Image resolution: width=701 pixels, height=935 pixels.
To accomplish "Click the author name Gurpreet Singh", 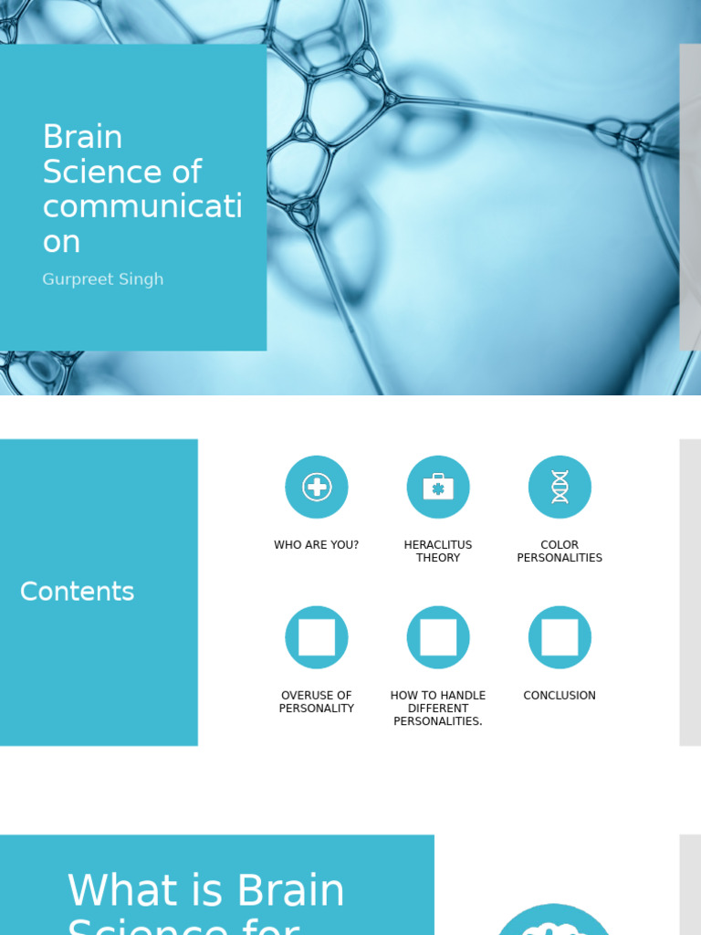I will coord(103,279).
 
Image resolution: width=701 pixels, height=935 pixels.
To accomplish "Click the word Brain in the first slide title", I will coord(82,137).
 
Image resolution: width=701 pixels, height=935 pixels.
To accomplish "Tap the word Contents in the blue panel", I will coord(77,592).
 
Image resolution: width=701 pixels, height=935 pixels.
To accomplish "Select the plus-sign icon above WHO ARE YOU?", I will coord(317,487).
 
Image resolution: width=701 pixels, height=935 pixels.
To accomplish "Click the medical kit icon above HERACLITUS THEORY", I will coord(438,487).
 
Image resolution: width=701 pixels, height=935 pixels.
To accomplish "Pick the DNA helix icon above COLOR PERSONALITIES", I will coord(560,487).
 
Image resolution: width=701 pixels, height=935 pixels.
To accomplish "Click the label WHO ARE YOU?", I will coord(317,545).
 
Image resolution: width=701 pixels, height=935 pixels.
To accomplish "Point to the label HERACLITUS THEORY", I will coord(438,552).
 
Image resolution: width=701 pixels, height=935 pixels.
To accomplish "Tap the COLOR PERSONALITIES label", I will coord(560,552).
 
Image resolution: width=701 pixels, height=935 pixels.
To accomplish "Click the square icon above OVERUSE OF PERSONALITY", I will coord(317,637).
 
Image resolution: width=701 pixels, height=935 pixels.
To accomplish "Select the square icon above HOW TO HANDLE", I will coord(438,637).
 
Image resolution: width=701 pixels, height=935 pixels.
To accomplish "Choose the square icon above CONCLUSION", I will coord(560,637).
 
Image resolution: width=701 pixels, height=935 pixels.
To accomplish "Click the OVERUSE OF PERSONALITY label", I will coord(317,702).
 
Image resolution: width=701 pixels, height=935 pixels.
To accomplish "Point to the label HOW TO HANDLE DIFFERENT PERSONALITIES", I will coord(438,709).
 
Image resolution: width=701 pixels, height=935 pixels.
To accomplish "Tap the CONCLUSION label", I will coord(560,696).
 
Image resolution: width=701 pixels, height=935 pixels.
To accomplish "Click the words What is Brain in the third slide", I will coord(206,890).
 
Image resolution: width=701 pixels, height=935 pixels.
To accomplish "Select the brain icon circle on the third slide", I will coord(553,922).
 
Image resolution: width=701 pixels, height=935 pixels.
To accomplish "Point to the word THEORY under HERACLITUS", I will coord(438,558).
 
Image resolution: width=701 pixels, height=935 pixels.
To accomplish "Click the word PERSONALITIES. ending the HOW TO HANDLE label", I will coord(438,721).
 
